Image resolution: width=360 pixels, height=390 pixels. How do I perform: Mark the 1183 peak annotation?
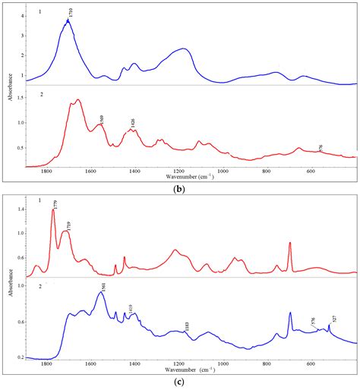[x=187, y=326]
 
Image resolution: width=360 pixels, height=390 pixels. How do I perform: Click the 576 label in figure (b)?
[x=320, y=147]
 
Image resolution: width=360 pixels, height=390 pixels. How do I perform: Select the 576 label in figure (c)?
[x=314, y=321]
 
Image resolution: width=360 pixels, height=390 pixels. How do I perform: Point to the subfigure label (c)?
[x=180, y=382]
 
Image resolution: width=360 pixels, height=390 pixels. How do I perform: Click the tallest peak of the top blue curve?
[x=68, y=21]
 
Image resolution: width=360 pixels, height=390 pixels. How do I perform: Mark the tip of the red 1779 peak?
[x=53, y=210]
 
